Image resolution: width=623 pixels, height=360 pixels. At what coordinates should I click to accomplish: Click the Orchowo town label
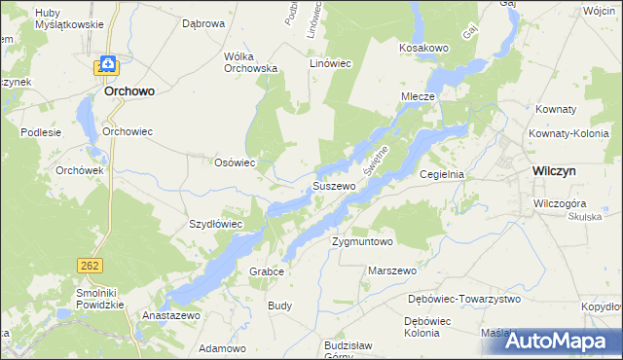click(x=129, y=91)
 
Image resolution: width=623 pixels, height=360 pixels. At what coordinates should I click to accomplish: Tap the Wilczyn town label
click(x=558, y=169)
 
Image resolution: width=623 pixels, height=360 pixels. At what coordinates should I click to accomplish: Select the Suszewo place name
click(x=333, y=186)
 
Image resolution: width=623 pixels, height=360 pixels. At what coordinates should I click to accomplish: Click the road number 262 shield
click(x=89, y=265)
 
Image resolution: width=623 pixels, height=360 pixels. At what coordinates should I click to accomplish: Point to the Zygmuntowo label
click(x=361, y=241)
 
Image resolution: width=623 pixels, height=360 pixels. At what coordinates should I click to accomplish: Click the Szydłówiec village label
click(x=215, y=224)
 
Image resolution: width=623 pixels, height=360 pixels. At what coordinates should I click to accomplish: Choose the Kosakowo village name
click(x=423, y=47)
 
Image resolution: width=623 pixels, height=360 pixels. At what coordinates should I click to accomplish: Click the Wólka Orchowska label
click(x=251, y=62)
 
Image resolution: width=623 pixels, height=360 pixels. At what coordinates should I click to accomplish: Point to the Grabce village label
click(x=267, y=271)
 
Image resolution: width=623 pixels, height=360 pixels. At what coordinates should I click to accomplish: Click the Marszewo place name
click(x=393, y=270)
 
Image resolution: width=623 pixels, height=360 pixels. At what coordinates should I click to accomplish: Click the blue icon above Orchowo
click(x=108, y=65)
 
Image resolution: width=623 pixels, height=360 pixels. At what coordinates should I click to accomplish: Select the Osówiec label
click(x=234, y=162)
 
